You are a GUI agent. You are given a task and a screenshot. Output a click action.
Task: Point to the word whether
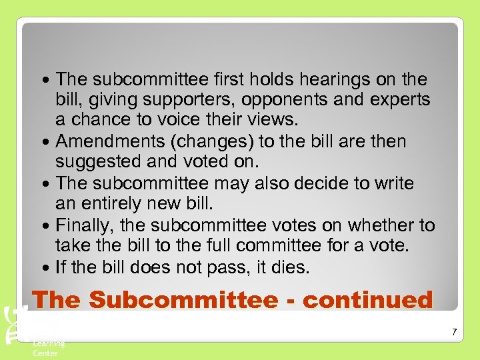point(372,225)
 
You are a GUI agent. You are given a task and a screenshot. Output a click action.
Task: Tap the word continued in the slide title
point(368,299)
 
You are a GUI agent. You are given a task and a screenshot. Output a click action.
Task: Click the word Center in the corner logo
point(45,353)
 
